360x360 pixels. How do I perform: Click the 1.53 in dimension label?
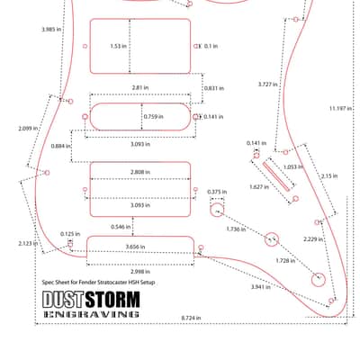pyautogui.click(x=119, y=46)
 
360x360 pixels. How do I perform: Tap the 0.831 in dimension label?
pyautogui.click(x=214, y=88)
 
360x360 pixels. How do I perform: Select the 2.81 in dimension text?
pyautogui.click(x=140, y=87)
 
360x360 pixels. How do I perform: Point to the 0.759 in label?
pyautogui.click(x=154, y=116)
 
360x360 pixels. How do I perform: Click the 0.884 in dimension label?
pyautogui.click(x=61, y=146)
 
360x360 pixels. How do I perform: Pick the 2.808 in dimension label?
pyautogui.click(x=140, y=172)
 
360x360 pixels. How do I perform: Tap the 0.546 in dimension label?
pyautogui.click(x=121, y=227)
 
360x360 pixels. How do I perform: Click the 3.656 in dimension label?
pyautogui.click(x=135, y=247)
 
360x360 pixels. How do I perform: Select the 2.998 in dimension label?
pyautogui.click(x=140, y=272)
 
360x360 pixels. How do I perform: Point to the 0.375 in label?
pyautogui.click(x=217, y=192)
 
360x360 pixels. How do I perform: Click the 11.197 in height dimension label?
pyautogui.click(x=341, y=108)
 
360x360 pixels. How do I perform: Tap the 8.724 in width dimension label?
pyautogui.click(x=191, y=318)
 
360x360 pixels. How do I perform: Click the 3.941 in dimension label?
pyautogui.click(x=261, y=287)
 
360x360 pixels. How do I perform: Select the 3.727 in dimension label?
pyautogui.click(x=268, y=85)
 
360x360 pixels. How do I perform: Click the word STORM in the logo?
pyautogui.click(x=112, y=299)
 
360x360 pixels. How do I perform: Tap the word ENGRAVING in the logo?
pyautogui.click(x=91, y=314)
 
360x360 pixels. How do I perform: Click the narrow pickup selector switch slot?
pyautogui.click(x=276, y=176)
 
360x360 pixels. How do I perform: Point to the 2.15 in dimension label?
pyautogui.click(x=329, y=176)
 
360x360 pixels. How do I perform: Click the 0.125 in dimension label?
pyautogui.click(x=70, y=234)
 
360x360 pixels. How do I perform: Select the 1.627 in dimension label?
pyautogui.click(x=259, y=187)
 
